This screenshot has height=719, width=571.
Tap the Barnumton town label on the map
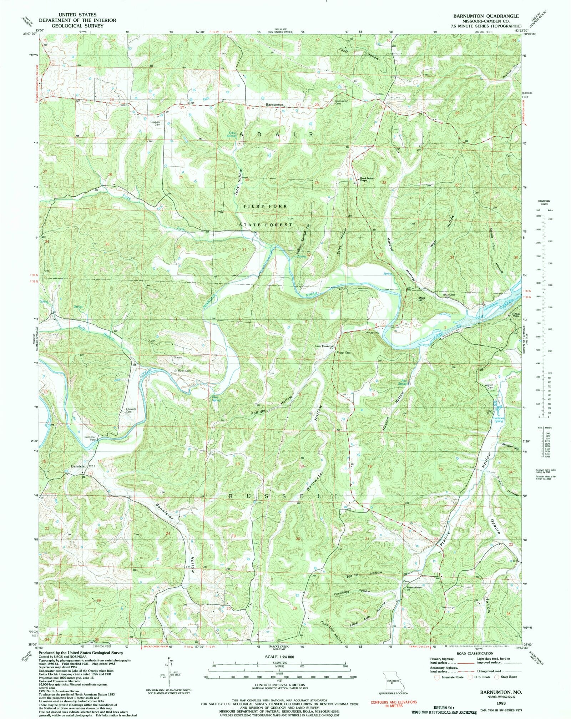click(x=274, y=105)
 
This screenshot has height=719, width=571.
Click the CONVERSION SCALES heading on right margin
click(x=544, y=202)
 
